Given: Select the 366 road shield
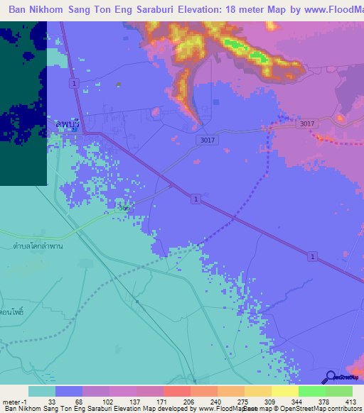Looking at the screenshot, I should pyautogui.click(x=124, y=208).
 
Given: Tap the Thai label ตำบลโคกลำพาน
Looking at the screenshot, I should pyautogui.click(x=33, y=245).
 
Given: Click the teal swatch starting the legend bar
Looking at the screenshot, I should pyautogui.click(x=42, y=391).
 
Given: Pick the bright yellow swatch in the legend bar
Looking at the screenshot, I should pyautogui.click(x=284, y=391).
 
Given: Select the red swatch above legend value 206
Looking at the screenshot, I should pyautogui.click(x=176, y=391).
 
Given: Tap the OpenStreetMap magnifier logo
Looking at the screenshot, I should pyautogui.click(x=331, y=377).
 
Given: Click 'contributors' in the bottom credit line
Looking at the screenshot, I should pyautogui.click(x=343, y=409).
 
